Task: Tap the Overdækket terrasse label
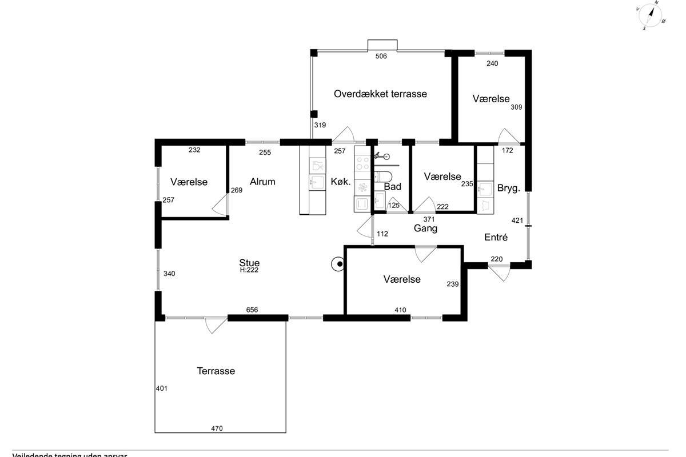tap(380, 94)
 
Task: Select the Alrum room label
tap(262, 182)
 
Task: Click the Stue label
tap(249, 263)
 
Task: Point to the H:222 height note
tap(249, 271)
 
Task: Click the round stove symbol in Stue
tap(339, 264)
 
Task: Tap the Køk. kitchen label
tap(341, 182)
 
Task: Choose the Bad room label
tap(392, 187)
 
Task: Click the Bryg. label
tap(508, 188)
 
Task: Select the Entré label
tap(496, 237)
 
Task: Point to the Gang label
tap(425, 228)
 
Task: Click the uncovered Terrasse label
tap(216, 371)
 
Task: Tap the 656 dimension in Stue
tap(252, 310)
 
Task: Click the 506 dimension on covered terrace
tap(381, 56)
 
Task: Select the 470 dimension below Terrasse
tap(217, 428)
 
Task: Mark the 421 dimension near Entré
tap(517, 221)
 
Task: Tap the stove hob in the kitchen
tap(362, 164)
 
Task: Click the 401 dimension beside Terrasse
tap(161, 388)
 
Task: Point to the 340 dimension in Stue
tap(169, 274)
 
